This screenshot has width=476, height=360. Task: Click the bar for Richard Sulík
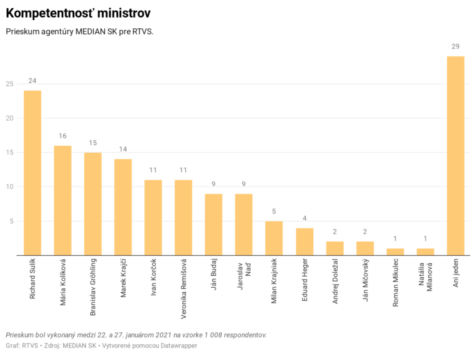(33, 173)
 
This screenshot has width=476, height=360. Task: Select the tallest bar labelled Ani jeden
(455, 156)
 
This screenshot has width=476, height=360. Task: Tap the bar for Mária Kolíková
(63, 200)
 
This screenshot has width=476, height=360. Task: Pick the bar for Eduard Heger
(305, 242)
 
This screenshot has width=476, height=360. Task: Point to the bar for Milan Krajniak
(274, 238)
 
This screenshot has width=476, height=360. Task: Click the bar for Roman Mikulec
(395, 252)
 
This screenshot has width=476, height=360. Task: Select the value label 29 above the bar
(455, 47)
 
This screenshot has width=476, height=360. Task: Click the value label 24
(33, 81)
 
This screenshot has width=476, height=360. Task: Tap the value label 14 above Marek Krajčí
(123, 150)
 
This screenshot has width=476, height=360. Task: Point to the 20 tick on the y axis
(9, 118)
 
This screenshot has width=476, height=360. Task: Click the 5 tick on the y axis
(11, 221)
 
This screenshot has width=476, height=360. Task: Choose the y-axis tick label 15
(9, 153)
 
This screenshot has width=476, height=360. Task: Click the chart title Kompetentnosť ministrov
(78, 13)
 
